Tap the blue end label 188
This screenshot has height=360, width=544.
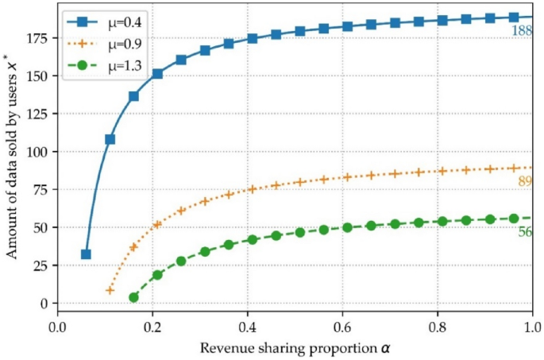click(x=521, y=31)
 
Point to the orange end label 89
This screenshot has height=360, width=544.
click(x=524, y=182)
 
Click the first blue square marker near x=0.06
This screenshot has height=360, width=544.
click(x=86, y=254)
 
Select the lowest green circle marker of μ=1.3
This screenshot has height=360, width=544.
click(x=133, y=297)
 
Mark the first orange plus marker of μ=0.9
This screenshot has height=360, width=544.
click(x=110, y=290)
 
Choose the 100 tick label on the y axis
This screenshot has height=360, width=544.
click(x=38, y=151)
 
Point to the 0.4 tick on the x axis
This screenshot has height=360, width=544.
click(x=247, y=327)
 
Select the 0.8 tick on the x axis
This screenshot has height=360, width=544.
click(x=437, y=327)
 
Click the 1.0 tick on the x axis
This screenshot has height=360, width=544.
click(x=532, y=327)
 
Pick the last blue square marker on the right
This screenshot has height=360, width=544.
click(x=514, y=17)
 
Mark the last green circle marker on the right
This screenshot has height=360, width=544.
click(x=514, y=218)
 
